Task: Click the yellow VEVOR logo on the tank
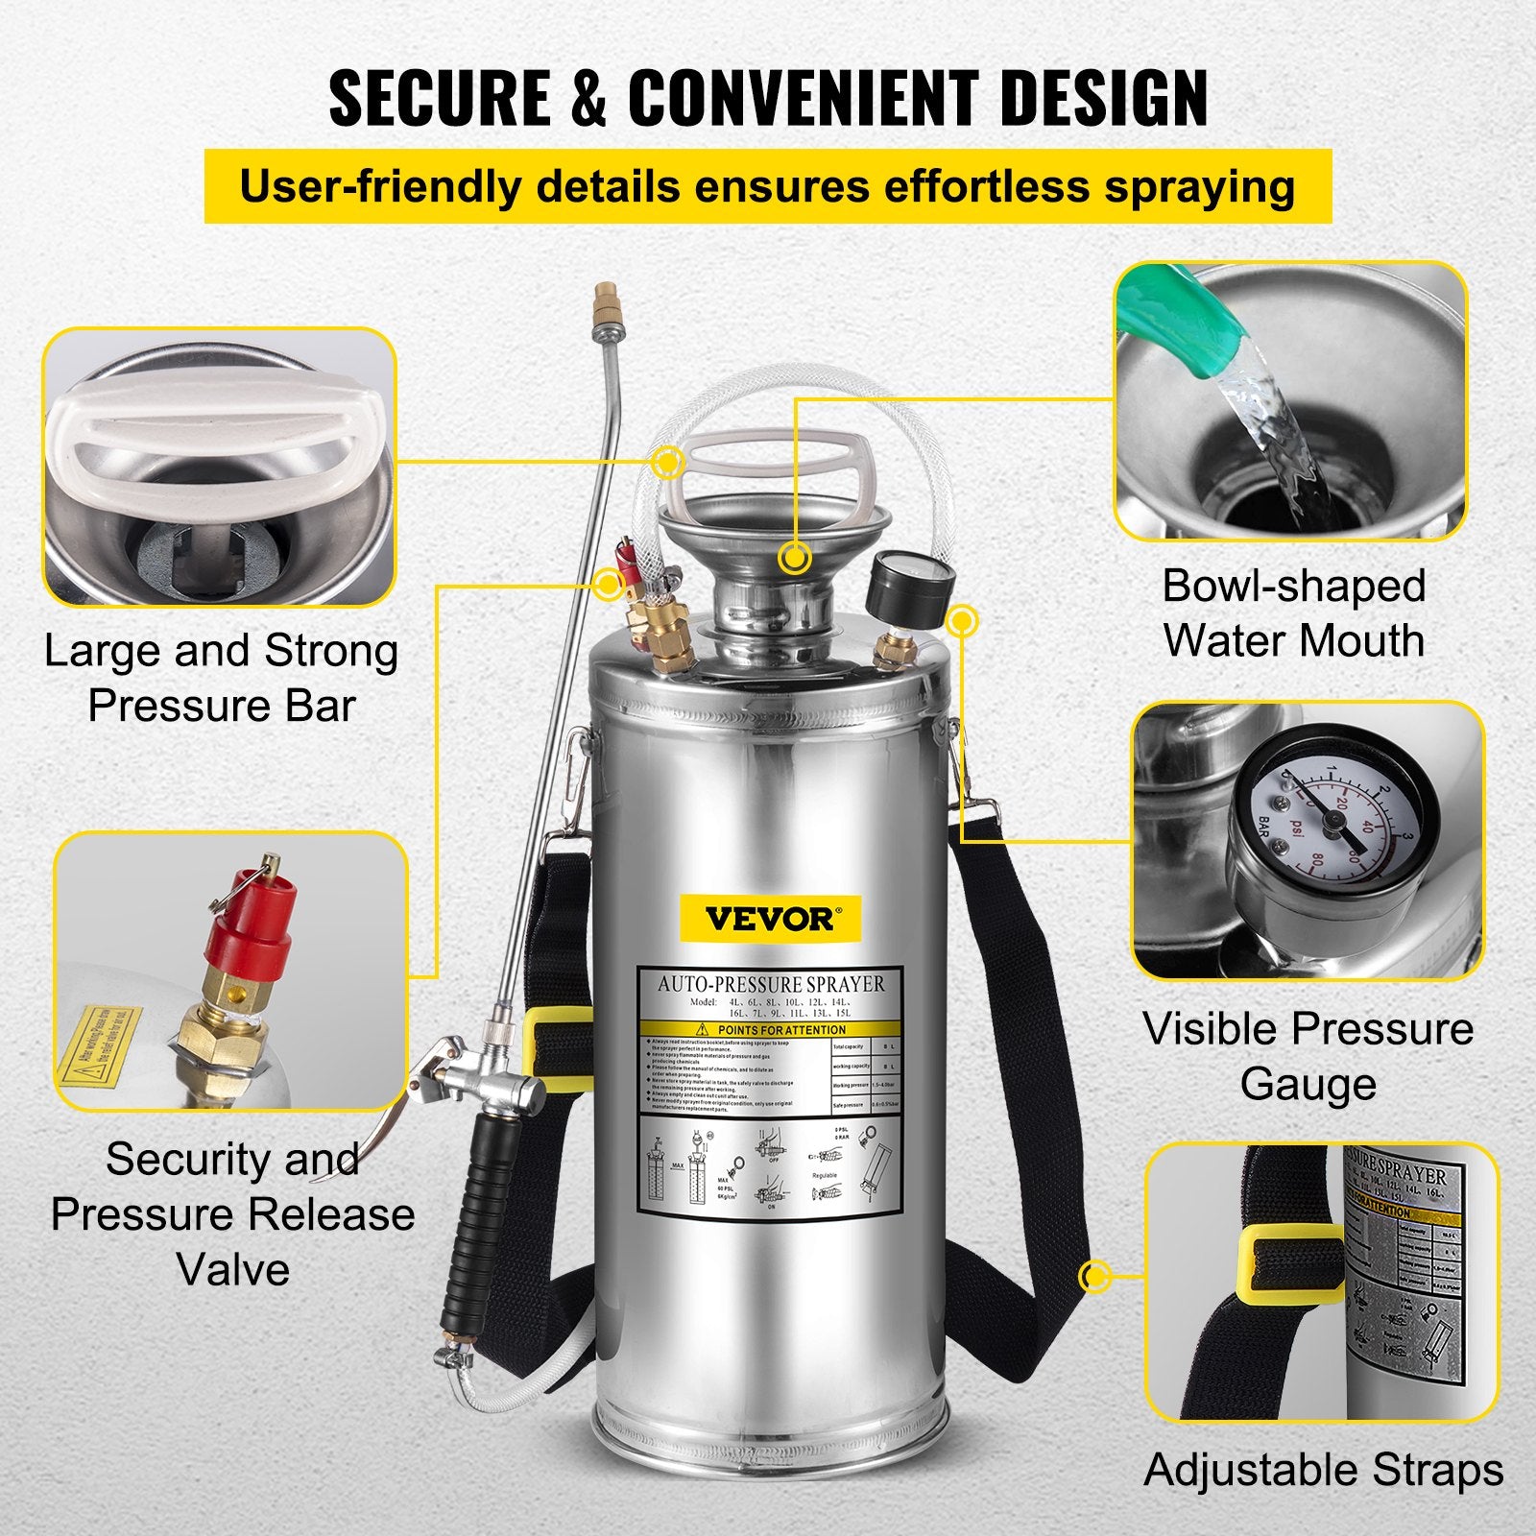tap(770, 918)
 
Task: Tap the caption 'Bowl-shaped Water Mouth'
tap(1293, 613)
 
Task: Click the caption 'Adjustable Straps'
tap(1323, 1470)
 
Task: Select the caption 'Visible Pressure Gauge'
tap(1308, 1056)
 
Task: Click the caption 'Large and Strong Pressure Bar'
tap(222, 678)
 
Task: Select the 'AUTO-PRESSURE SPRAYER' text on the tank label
tap(771, 984)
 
